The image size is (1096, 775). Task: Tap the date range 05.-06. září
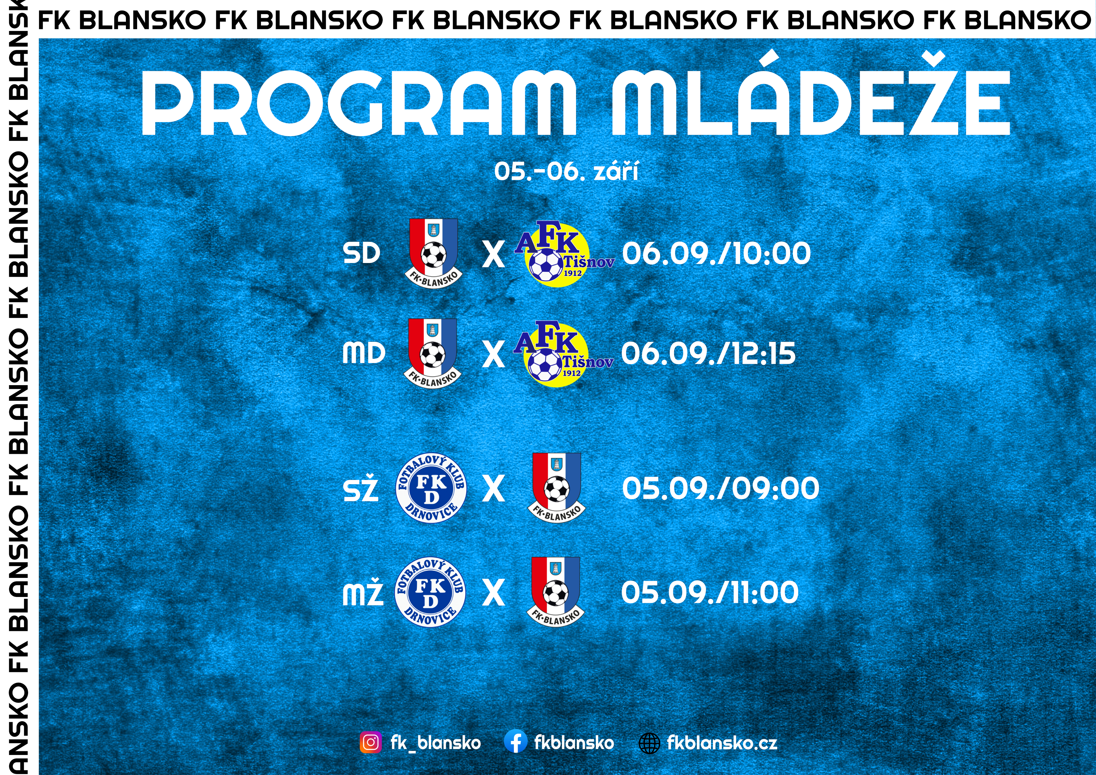click(566, 171)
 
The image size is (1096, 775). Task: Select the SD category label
click(361, 253)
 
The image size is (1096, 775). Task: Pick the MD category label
click(364, 354)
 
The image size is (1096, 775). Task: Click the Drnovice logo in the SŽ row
click(431, 488)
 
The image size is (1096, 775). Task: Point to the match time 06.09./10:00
click(716, 253)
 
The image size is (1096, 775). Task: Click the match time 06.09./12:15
click(708, 354)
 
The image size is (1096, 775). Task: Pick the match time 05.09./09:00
click(720, 488)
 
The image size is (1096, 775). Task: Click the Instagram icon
click(371, 742)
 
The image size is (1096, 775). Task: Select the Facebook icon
click(516, 742)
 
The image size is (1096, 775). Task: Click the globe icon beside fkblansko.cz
click(650, 743)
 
